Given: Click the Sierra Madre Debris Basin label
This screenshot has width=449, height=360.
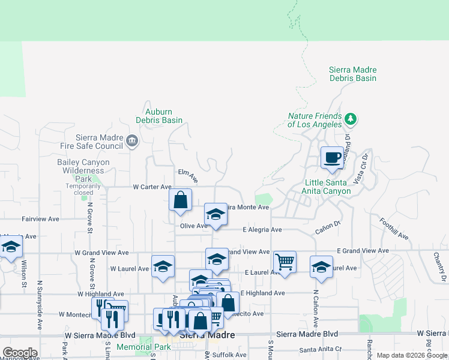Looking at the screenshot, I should click(x=352, y=74).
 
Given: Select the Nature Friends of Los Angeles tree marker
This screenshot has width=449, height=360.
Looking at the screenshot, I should click(x=351, y=119).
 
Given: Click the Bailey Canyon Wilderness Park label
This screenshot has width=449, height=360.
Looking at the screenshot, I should click(x=83, y=170).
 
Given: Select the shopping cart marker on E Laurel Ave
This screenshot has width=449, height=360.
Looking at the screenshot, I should click(x=285, y=262).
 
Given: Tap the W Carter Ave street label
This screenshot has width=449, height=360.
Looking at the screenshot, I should click(x=148, y=187).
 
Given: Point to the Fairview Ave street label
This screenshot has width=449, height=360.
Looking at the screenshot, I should click(x=40, y=220).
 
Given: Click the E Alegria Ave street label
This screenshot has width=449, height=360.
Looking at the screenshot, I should click(x=262, y=230).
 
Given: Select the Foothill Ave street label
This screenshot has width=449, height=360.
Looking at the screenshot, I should click(x=394, y=229).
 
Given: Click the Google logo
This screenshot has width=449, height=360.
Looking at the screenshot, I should click(x=20, y=353).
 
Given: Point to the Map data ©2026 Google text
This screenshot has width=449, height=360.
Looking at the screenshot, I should click(x=411, y=355).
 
